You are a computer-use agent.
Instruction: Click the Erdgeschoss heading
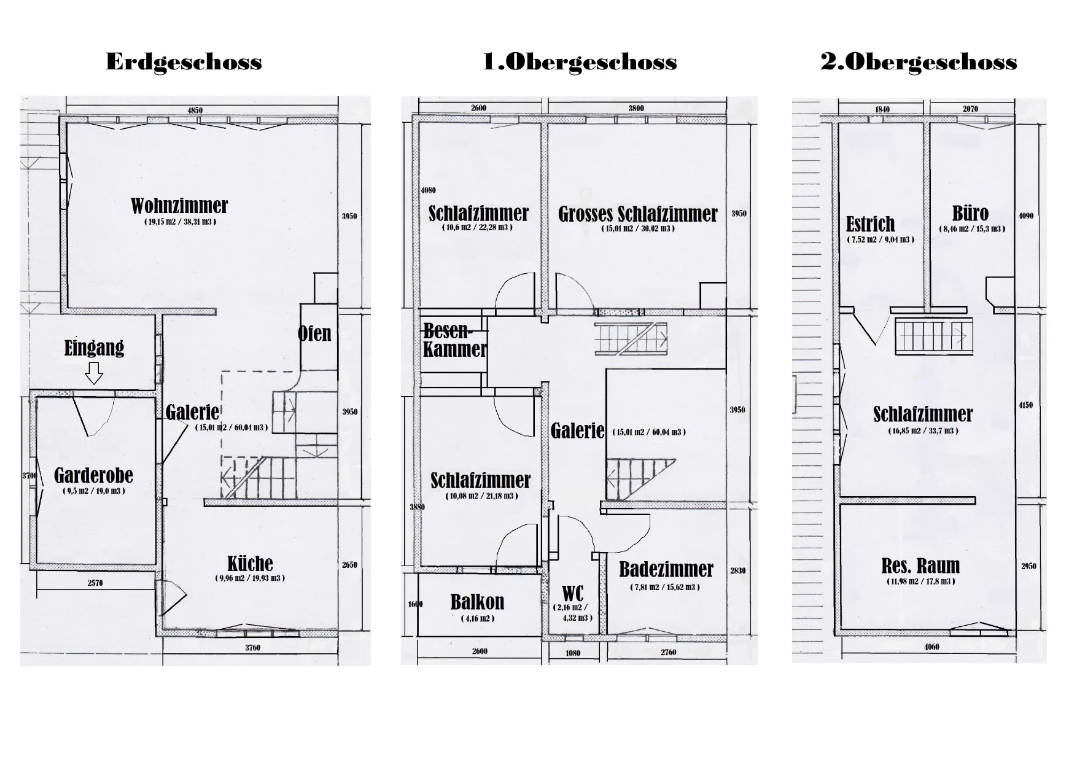pos(184,63)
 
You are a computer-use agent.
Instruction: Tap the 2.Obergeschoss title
pos(919,62)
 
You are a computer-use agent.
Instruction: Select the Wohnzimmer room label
pos(179,206)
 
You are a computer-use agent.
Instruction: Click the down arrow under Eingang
pos(94,373)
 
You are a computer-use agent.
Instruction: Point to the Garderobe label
pos(93,475)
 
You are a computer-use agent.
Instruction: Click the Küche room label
pos(250,564)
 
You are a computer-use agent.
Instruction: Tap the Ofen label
pos(314,333)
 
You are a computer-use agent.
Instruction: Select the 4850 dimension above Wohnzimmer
pos(195,111)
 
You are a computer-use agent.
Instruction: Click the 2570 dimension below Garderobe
pos(95,583)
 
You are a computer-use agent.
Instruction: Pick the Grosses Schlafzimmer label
pos(637,214)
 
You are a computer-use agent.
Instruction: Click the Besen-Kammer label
pos(455,340)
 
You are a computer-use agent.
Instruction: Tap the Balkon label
pos(477,602)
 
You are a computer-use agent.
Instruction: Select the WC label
pos(573,594)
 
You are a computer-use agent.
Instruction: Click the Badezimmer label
pos(666,570)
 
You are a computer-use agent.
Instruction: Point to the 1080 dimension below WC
pos(573,653)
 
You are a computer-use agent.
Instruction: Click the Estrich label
pos(870,224)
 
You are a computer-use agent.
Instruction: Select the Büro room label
pos(970,213)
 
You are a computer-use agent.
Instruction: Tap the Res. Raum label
pos(920,566)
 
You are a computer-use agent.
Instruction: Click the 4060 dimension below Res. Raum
pos(931,647)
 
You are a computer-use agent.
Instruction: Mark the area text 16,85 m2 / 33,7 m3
pos(923,430)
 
